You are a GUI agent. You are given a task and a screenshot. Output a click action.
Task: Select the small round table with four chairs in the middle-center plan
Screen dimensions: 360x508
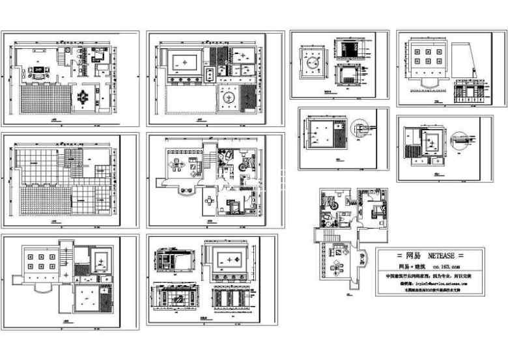click(208, 201)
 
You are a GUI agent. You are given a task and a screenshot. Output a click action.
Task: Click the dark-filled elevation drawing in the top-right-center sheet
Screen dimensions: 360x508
click(352, 50)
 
